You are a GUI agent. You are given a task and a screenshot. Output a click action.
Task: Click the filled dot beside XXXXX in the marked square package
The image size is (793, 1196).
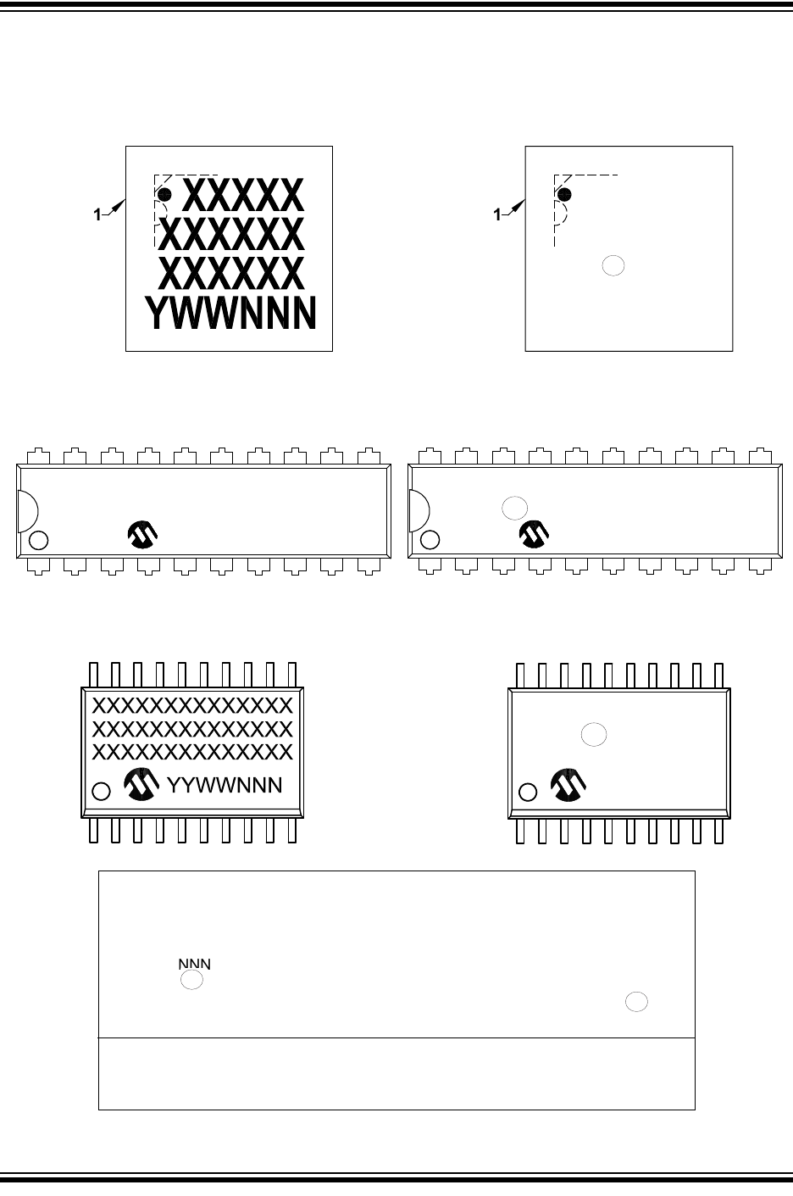point(165,195)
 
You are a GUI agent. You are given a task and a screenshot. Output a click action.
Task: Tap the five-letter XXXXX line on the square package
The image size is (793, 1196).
point(242,196)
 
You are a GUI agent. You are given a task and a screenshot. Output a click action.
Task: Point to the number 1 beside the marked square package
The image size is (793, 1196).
point(97,215)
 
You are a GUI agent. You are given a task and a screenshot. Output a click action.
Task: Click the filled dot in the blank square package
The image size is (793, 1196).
point(564,195)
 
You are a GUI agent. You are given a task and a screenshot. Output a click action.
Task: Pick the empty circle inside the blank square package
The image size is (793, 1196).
point(613,265)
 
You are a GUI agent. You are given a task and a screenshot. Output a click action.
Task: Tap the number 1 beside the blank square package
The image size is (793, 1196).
point(497,215)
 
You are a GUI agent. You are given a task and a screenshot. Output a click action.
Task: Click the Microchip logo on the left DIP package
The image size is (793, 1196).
point(143,535)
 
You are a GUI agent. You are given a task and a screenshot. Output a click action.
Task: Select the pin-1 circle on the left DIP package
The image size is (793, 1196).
point(38,540)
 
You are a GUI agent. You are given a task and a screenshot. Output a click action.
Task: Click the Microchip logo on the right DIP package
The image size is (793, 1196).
point(534,533)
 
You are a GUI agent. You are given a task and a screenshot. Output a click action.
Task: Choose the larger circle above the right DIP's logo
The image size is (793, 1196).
point(514,508)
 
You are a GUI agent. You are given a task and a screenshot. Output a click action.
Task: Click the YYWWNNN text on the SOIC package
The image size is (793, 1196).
point(225,785)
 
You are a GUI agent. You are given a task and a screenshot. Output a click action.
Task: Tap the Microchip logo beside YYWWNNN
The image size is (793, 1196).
point(141,786)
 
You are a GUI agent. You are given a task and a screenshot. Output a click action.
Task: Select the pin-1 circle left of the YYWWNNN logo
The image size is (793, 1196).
point(101,792)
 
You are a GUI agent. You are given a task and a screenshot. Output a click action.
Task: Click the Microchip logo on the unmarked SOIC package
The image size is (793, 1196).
point(568,786)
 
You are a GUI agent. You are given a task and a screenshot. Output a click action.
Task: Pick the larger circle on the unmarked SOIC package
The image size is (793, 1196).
point(594,735)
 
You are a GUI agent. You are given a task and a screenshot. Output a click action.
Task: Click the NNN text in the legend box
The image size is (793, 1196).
point(193,965)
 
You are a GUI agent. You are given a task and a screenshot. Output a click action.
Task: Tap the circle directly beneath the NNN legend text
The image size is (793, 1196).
point(192,981)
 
